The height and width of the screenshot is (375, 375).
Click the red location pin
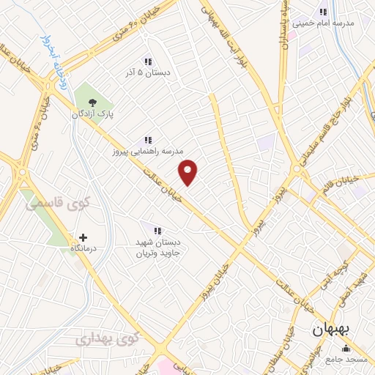188,172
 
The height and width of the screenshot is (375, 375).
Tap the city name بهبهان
332,330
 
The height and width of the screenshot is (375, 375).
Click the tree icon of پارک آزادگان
92,103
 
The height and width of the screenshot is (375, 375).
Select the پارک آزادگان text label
92,115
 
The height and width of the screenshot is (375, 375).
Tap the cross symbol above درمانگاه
83,237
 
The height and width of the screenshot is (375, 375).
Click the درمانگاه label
83,250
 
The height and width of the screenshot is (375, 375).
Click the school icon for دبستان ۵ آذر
147,62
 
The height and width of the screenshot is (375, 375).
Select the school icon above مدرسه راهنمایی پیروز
147,140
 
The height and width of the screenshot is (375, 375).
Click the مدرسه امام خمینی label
323,23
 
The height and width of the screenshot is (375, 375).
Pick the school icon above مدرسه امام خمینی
322,12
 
